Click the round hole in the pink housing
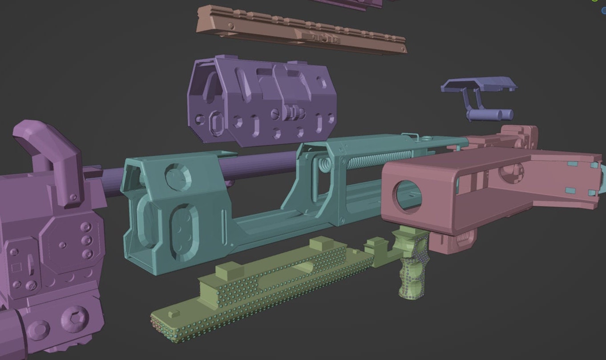pos(408,196)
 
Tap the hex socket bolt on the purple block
pos(72,318)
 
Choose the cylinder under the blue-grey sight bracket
pos(489,115)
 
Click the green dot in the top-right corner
pos(595,1)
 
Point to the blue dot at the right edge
pos(604,11)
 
